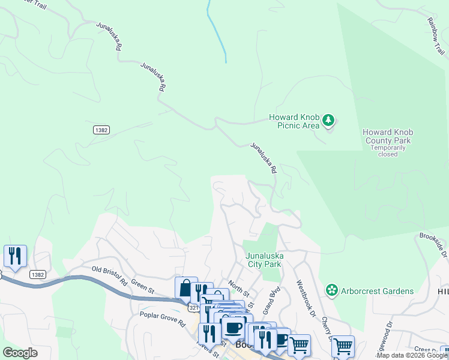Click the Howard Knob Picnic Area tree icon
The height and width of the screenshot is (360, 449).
pos(328,121)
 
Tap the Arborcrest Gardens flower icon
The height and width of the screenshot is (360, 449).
pos(331,291)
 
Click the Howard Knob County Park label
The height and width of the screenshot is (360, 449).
pos(388,137)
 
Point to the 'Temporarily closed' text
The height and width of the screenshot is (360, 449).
pos(388,151)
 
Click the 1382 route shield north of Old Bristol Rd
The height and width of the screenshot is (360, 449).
pos(101,130)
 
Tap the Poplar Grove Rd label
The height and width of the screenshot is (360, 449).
pos(162,318)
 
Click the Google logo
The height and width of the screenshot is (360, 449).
pos(20,352)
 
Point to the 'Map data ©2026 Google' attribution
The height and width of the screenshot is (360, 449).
pos(412,355)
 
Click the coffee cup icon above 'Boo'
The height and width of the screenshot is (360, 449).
pos(233,328)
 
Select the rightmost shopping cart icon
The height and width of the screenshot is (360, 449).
pos(343,346)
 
